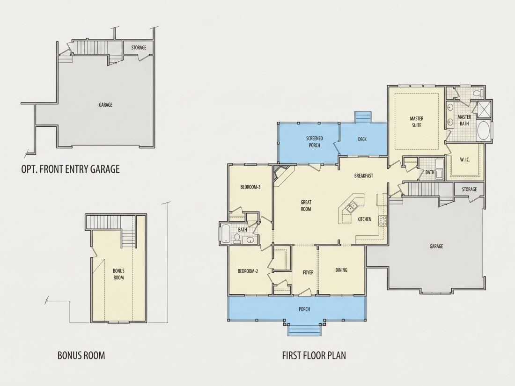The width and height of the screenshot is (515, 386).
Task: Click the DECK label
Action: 362,139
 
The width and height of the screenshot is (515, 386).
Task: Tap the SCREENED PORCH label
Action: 314,142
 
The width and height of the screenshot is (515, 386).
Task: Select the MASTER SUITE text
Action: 417,122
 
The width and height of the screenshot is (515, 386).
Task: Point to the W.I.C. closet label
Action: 464,160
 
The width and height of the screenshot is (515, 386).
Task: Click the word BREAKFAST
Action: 364,175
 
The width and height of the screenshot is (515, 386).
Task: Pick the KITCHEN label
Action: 364,219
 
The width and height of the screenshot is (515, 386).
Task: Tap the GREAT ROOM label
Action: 306,205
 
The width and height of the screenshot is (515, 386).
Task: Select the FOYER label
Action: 308,272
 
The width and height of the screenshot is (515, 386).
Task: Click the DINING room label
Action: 341,270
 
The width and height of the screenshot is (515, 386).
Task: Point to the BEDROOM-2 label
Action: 248,271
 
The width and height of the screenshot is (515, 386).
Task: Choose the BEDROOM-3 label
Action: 250,187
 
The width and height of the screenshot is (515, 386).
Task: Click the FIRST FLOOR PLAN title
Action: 314,355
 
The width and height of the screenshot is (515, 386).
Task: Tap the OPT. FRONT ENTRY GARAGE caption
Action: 70,169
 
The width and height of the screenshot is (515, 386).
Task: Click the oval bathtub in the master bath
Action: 483,131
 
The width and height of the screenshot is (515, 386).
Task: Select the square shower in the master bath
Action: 483,109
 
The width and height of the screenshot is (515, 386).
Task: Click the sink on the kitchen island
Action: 350,207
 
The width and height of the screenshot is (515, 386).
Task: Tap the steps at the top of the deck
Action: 363,117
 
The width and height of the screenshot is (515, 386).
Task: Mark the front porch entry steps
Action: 304,329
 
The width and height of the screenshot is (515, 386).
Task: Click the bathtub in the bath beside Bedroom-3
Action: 226,233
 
